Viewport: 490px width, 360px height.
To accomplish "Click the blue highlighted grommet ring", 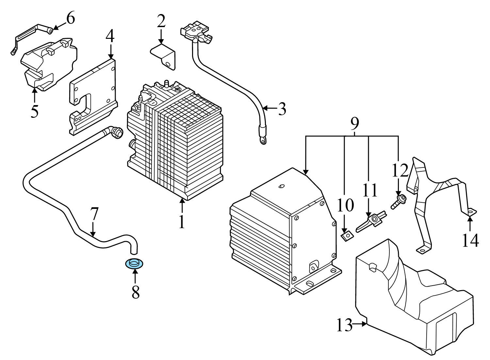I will pyautogui.click(x=134, y=263).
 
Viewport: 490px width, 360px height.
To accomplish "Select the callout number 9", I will pyautogui.click(x=354, y=123).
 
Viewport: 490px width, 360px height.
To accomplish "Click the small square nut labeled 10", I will pyautogui.click(x=347, y=235).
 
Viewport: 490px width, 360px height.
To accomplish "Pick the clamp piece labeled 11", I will pyautogui.click(x=371, y=221).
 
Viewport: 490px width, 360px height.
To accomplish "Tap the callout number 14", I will pyautogui.click(x=470, y=240).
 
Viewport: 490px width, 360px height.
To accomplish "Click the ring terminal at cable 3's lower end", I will pyautogui.click(x=262, y=141).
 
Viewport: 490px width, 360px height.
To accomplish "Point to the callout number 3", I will pyautogui.click(x=282, y=109).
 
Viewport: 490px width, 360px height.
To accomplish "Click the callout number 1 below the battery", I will pyautogui.click(x=181, y=222).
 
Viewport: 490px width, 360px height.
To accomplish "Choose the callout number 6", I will pyautogui.click(x=71, y=18).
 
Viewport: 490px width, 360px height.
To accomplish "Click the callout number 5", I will pyautogui.click(x=34, y=111).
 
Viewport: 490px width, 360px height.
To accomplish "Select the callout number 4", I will pyautogui.click(x=110, y=37).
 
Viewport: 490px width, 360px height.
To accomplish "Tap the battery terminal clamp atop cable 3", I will pyautogui.click(x=196, y=31).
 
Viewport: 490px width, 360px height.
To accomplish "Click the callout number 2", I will pyautogui.click(x=161, y=22).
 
